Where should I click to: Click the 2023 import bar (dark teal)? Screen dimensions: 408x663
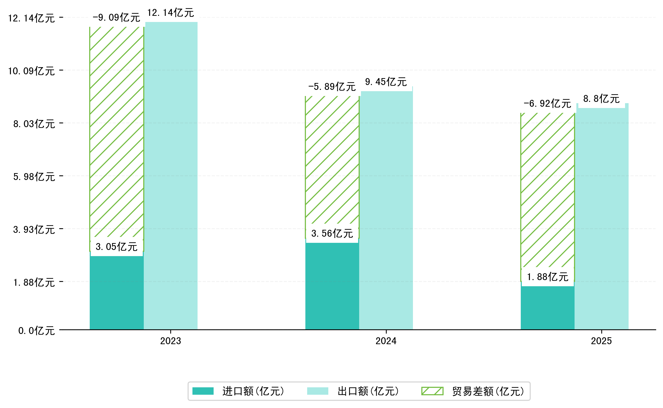click(x=116, y=293)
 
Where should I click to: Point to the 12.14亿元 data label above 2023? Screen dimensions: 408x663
click(x=171, y=13)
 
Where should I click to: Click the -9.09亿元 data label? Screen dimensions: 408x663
click(x=116, y=18)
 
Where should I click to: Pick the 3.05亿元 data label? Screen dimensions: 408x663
click(x=116, y=247)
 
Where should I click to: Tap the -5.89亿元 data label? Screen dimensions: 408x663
click(x=332, y=87)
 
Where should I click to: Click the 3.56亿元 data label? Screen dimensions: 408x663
click(x=332, y=233)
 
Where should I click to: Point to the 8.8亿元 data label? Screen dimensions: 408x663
click(x=601, y=99)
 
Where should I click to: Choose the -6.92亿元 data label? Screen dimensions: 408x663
click(x=547, y=104)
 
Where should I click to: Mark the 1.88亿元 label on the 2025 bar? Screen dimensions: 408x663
click(x=548, y=277)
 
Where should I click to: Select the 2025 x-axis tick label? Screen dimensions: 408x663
click(x=601, y=341)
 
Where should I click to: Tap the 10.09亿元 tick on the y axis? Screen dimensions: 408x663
click(x=32, y=71)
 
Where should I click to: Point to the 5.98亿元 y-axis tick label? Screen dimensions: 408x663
click(x=34, y=177)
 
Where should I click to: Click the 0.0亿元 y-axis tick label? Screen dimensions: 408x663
click(x=37, y=331)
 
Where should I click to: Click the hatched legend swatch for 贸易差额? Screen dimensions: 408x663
click(x=432, y=391)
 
